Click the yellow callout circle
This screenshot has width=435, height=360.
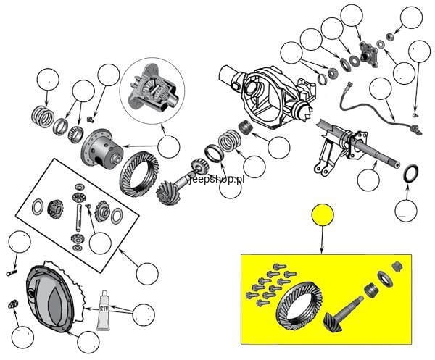pos(323,214)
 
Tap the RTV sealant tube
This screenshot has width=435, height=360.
pos(103,311)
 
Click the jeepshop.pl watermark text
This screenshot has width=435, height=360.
pos(217,180)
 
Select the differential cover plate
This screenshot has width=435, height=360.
pos(50,298)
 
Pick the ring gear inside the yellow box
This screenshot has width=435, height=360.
pos(299,306)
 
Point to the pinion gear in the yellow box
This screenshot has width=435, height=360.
pos(342,315)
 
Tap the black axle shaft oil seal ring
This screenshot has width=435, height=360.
pos(410,174)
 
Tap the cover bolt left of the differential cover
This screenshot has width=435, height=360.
pos(12,273)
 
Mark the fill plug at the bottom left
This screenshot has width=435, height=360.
pos(13,304)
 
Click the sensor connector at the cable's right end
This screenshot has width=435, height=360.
pos(415,130)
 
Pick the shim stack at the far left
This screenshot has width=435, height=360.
pos(42,117)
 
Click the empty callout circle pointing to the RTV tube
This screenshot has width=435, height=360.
pos(144,314)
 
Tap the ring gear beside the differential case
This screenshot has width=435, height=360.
pos(139,175)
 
